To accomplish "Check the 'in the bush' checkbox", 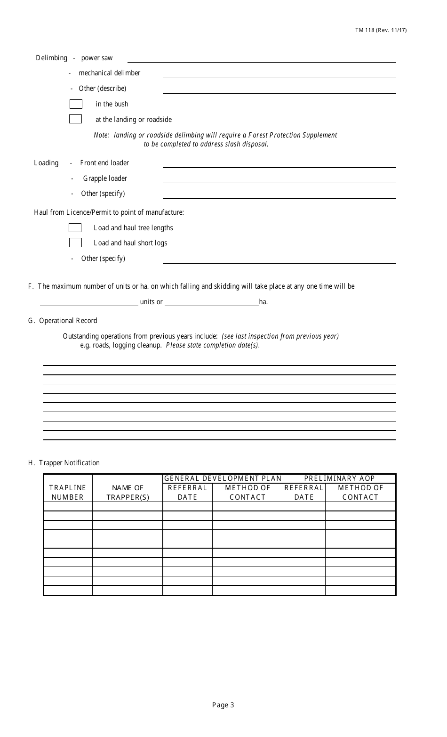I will pyautogui.click(x=76, y=104).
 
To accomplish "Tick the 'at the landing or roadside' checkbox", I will pyautogui.click(x=76, y=119).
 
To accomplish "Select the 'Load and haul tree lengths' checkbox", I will pyautogui.click(x=75, y=228).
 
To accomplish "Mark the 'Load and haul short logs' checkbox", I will pyautogui.click(x=75, y=243).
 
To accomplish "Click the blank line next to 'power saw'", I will pyautogui.click(x=262, y=59).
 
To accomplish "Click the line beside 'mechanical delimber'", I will pyautogui.click(x=279, y=74).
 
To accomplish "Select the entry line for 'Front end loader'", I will pyautogui.click(x=279, y=164).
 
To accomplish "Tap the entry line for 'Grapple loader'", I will pyautogui.click(x=279, y=179).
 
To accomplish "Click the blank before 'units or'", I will pyautogui.click(x=89, y=302).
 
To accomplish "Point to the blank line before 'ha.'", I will pyautogui.click(x=212, y=302).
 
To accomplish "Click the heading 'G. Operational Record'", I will pyautogui.click(x=63, y=321).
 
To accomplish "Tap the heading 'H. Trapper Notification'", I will pyautogui.click(x=64, y=463).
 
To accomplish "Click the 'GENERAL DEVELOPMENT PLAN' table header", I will pyautogui.click(x=223, y=478).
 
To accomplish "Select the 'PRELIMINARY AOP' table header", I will pyautogui.click(x=339, y=478).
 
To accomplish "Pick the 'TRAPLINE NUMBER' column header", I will pyautogui.click(x=68, y=493).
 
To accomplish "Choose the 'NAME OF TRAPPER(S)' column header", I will pyautogui.click(x=128, y=493).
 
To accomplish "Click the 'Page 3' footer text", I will pyautogui.click(x=223, y=705).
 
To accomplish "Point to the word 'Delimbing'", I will pyautogui.click(x=52, y=58).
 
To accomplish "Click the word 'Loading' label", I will pyautogui.click(x=46, y=163).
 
